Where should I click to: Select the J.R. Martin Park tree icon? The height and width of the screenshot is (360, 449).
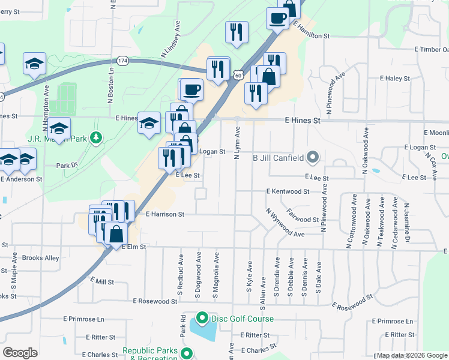(95, 139)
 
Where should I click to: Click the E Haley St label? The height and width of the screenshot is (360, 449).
(394, 79)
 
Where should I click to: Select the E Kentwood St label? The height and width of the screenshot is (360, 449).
(288, 191)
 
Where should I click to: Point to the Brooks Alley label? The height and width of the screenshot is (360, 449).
(40, 258)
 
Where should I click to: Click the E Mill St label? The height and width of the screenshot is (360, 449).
(101, 281)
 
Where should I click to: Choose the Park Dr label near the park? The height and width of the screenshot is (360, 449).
(67, 165)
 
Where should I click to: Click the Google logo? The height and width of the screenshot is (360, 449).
(20, 353)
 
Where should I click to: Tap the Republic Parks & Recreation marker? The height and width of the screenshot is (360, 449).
(187, 353)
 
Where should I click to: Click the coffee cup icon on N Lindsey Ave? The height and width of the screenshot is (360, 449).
(191, 90)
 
